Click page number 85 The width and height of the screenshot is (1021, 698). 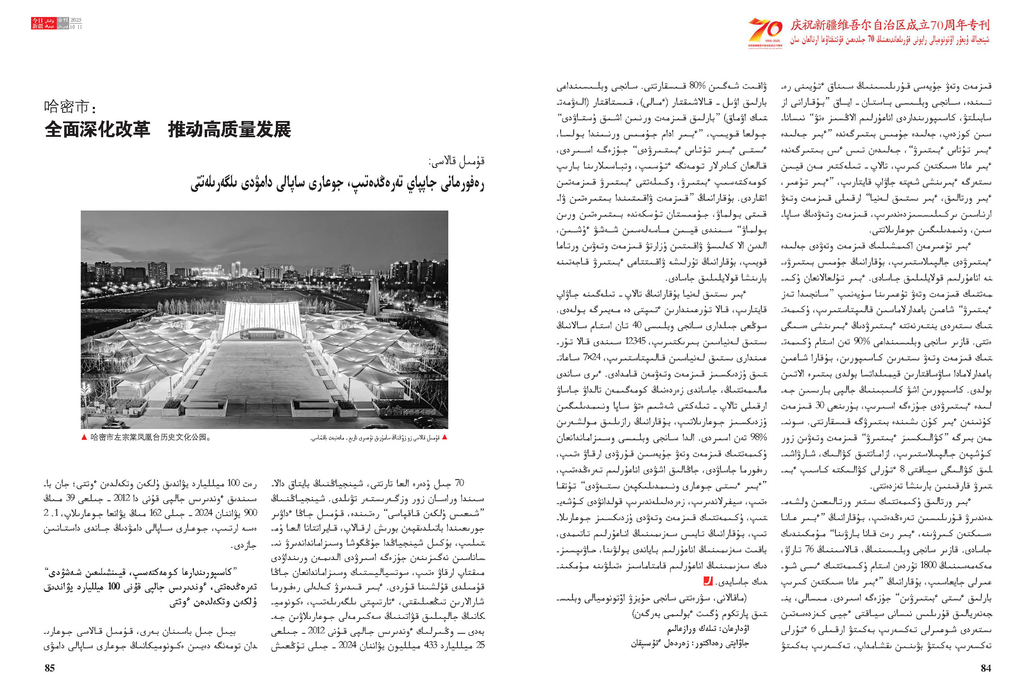tap(50, 668)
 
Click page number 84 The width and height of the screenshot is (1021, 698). tap(986, 668)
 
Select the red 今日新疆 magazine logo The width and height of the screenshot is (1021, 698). tap(37, 23)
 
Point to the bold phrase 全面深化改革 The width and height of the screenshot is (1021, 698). tap(97, 130)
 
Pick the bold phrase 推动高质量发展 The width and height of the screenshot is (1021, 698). tap(229, 130)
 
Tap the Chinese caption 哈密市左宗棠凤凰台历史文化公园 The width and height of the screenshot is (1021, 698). tap(149, 438)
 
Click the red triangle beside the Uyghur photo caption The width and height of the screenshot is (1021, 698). tap(445, 437)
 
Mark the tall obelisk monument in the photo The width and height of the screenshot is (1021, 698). tap(374, 297)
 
